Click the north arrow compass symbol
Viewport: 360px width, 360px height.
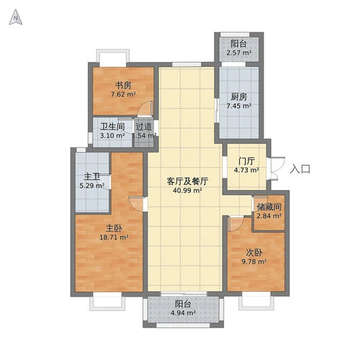pyautogui.click(x=15, y=19)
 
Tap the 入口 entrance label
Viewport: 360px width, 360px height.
pyautogui.click(x=300, y=169)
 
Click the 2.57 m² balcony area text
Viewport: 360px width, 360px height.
pyautogui.click(x=239, y=53)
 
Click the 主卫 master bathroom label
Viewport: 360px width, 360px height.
pyautogui.click(x=92, y=176)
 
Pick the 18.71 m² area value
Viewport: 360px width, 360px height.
pyautogui.click(x=114, y=237)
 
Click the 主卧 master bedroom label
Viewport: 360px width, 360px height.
pyautogui.click(x=114, y=227)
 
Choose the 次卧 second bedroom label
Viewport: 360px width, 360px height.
pyautogui.click(x=253, y=252)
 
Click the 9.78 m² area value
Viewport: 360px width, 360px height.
pyautogui.click(x=253, y=262)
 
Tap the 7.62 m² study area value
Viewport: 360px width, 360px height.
pyautogui.click(x=123, y=94)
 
